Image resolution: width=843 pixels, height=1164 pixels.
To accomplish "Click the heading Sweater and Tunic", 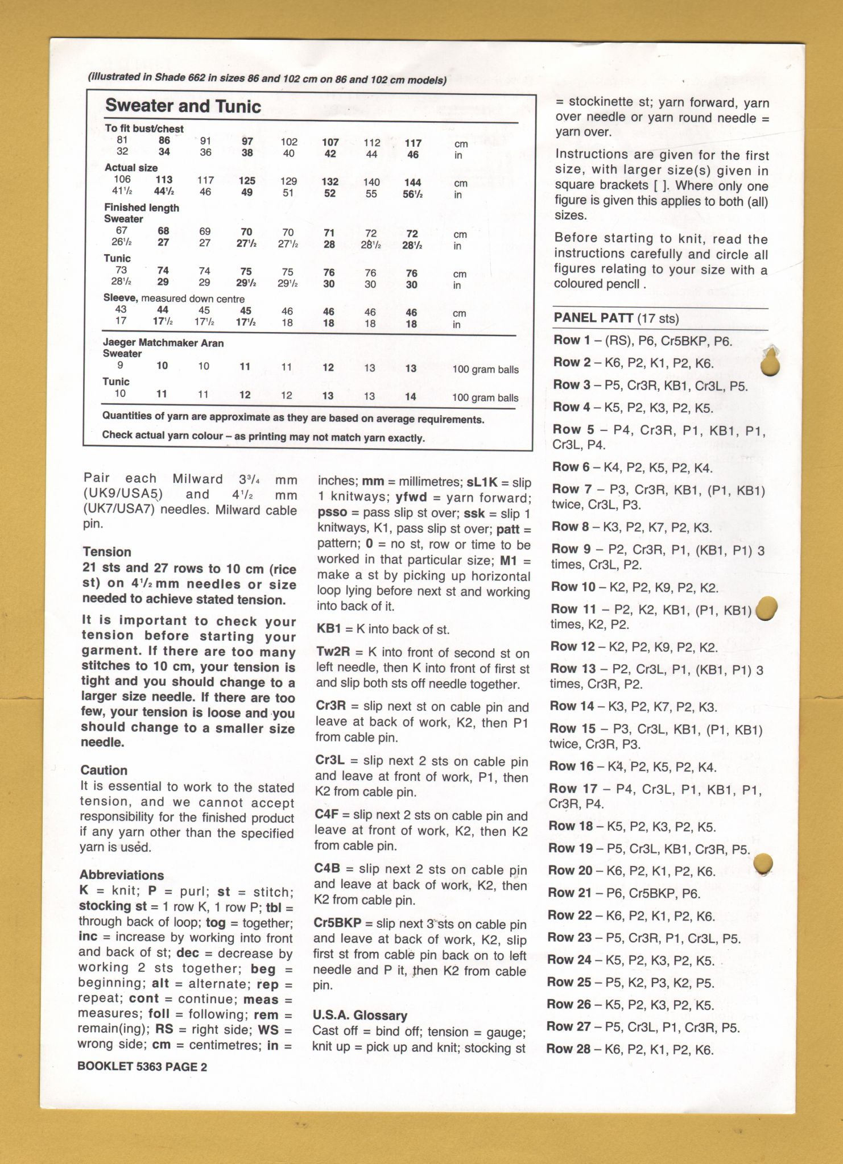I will pos(183,106).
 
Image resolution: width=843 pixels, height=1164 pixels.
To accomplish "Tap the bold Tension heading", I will pos(107,552).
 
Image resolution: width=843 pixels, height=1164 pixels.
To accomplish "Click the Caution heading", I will pos(104,770).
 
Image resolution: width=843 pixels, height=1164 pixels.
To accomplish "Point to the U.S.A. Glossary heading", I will pos(360,1015).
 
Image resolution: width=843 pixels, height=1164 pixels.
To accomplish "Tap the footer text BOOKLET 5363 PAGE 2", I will pos(142,1067).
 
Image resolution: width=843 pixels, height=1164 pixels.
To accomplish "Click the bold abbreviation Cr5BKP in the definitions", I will pos(337,923).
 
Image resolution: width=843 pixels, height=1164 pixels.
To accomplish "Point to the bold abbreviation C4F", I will pos(327,814).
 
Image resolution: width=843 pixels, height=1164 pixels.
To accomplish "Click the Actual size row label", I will pos(131,168).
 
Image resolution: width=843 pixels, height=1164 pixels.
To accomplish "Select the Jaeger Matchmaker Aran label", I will pos(163,343).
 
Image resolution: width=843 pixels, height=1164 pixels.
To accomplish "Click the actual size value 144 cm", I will pos(412,183).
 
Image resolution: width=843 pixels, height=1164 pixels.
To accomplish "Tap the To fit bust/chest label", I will pos(144,129).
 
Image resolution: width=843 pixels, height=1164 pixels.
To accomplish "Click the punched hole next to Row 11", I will pos(767,608).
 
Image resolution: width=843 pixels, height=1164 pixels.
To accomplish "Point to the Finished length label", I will pos(141,208).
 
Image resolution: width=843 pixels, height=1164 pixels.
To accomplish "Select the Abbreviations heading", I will pos(122,875).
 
